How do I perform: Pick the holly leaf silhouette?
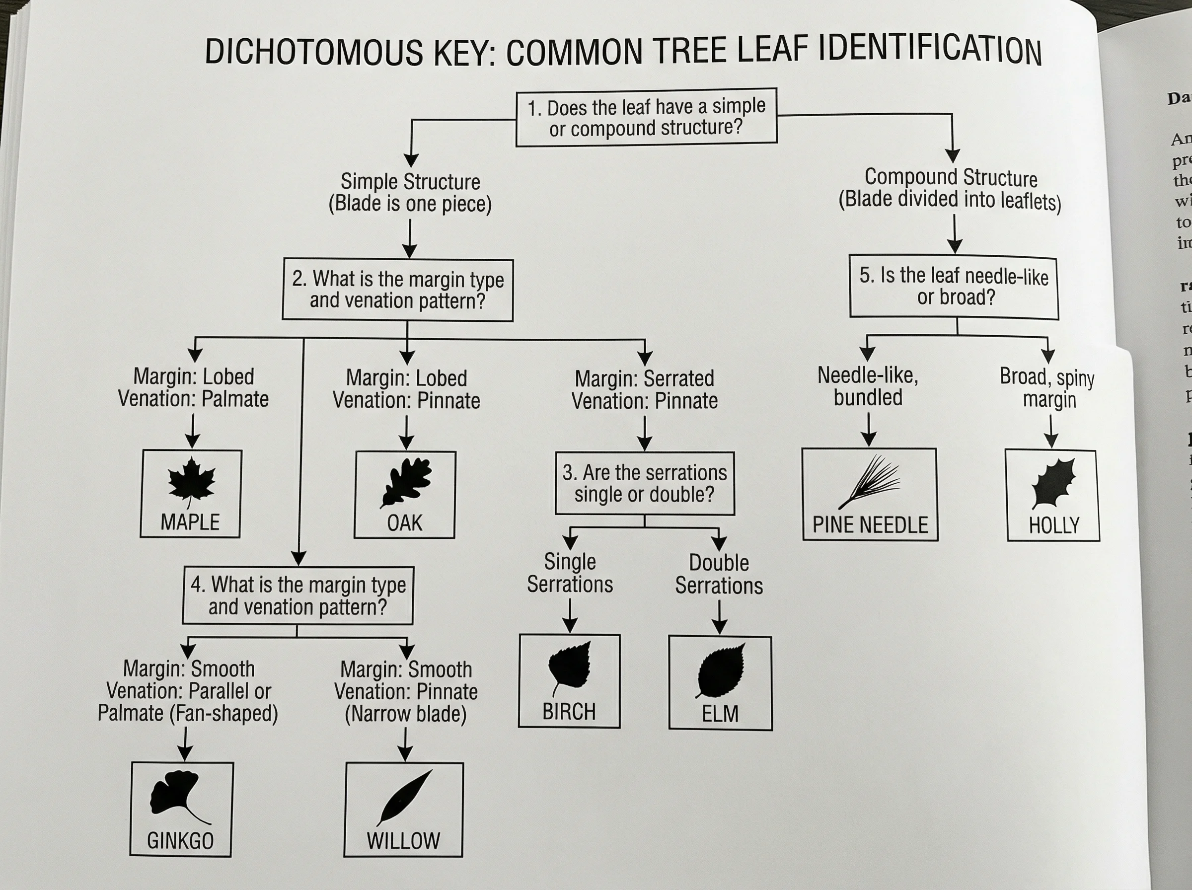tap(1053, 483)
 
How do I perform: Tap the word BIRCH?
tap(569, 712)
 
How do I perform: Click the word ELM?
tap(720, 714)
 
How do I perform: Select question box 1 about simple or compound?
tap(646, 117)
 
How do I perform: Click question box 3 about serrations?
tap(644, 483)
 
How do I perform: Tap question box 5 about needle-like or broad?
tap(954, 287)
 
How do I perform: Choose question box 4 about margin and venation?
tap(298, 596)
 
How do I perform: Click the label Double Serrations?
tap(719, 574)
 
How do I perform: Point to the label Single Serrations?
tap(570, 573)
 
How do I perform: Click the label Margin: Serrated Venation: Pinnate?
tap(644, 389)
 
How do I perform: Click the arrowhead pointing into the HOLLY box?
tap(1051, 441)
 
